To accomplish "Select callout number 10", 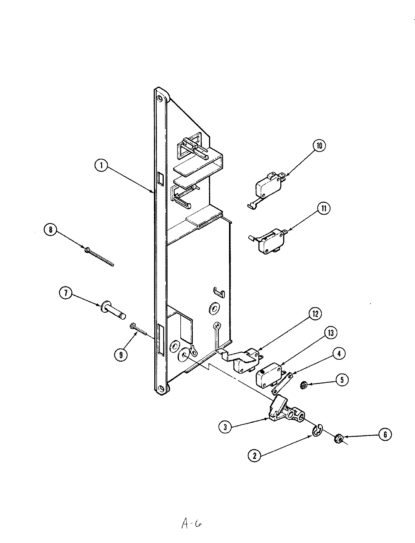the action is (x=319, y=146).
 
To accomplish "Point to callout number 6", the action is (x=385, y=434).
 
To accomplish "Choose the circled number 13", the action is (x=331, y=333).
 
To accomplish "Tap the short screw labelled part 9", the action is (x=143, y=330).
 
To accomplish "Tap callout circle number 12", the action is (x=315, y=313).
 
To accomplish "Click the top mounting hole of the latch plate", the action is (x=161, y=99).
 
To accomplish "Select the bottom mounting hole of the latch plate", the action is (x=161, y=388).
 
